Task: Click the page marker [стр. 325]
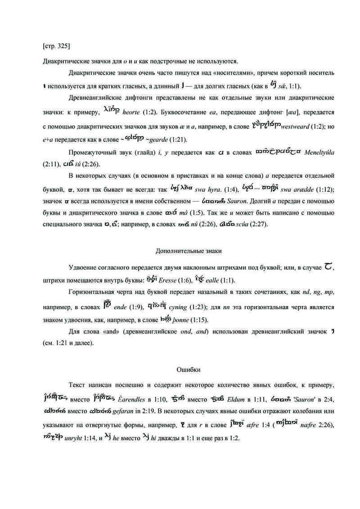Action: pyautogui.click(x=56, y=45)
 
